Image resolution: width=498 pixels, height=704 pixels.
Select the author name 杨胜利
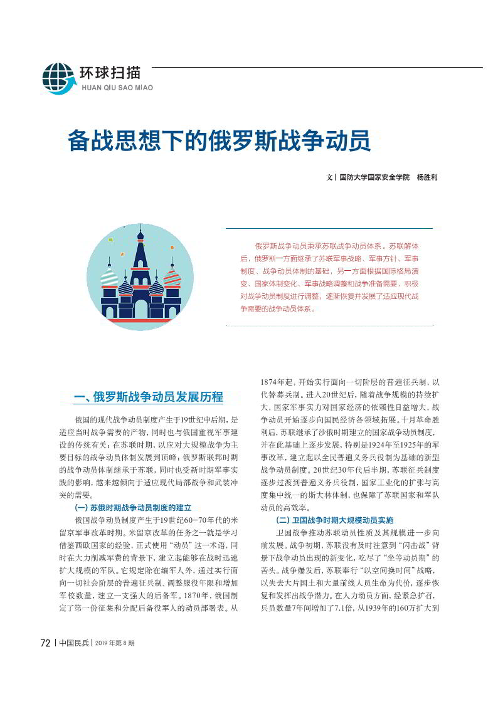point(426,177)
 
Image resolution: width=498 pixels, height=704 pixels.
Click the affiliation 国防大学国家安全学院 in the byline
point(374,177)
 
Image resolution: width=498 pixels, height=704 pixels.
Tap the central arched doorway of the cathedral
point(141,308)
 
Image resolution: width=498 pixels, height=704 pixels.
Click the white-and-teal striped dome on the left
point(109,276)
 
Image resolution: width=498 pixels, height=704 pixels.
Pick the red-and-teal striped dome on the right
point(172,276)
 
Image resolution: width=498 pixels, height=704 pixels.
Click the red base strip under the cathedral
point(140,321)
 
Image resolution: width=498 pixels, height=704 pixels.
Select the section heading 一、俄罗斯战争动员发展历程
point(148,397)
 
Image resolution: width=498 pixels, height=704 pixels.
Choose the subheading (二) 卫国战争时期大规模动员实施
point(334,520)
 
